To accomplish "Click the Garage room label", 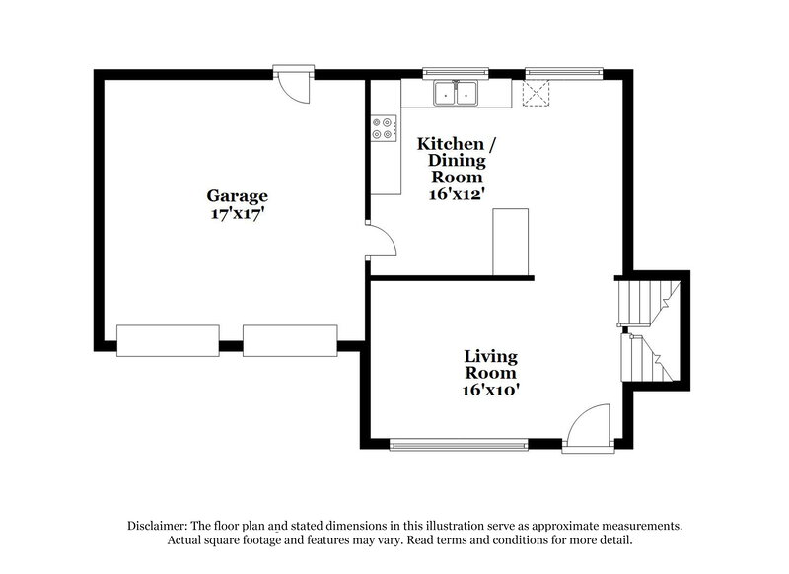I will (237, 195).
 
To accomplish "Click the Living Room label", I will (491, 364).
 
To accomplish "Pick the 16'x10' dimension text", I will (491, 390).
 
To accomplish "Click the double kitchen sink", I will (456, 94).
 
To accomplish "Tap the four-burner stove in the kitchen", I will (384, 128).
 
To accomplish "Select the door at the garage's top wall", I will (294, 83).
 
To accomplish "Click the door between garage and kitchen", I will (380, 240).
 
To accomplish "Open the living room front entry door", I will (590, 429).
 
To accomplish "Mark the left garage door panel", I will (167, 339).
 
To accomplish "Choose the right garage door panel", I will (290, 339).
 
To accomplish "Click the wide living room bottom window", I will (459, 445).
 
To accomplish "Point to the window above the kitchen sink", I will (455, 72).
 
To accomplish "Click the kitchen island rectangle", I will (511, 242).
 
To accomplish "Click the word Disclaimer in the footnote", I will (158, 527).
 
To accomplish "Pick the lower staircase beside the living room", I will (648, 358).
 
